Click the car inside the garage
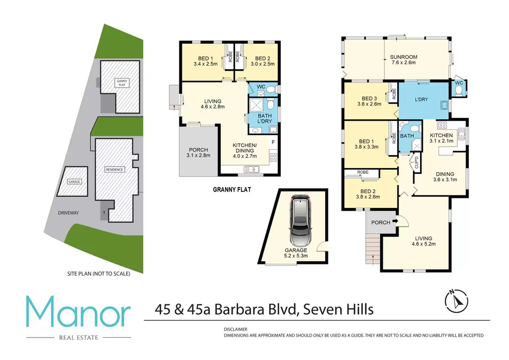pos(300,221)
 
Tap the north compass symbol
pos(456,301)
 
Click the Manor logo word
pos(78,312)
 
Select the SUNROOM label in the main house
pos(404,57)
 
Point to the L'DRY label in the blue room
pos(422,99)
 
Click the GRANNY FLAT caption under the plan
pos(232,189)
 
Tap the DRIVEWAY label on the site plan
pos(69,213)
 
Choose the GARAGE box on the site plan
pos(73,182)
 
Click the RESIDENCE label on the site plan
pos(114,170)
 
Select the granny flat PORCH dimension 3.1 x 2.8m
pos(198,156)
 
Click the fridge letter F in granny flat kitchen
pos(273,142)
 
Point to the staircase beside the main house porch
pos(373,249)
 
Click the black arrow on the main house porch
pos(395,221)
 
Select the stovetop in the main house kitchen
pos(442,125)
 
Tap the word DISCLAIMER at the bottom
pos(236,329)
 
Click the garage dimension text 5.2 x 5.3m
pos(296,256)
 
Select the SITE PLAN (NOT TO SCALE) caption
pos(99,273)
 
